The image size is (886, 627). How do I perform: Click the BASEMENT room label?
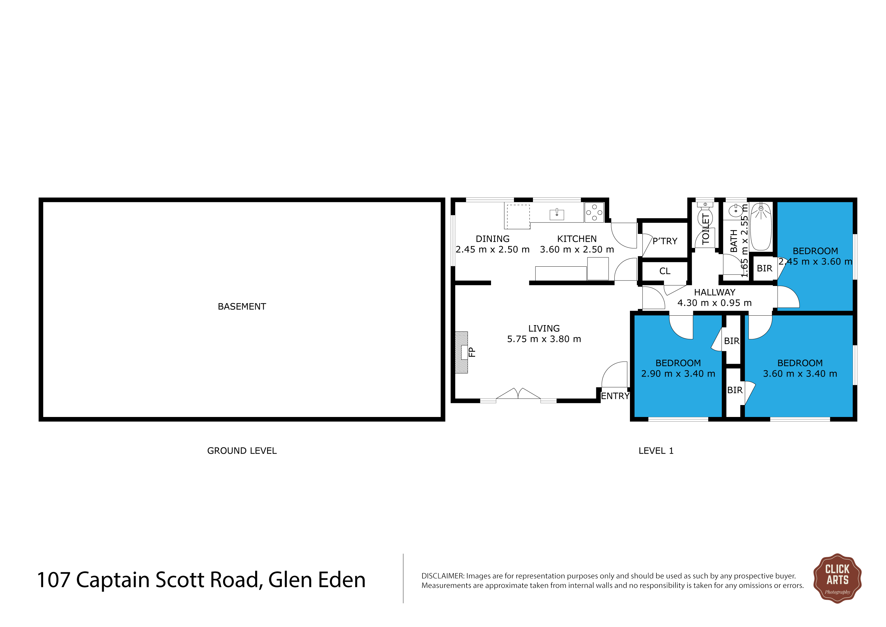pyautogui.click(x=242, y=306)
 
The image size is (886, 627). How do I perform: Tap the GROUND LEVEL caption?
pyautogui.click(x=242, y=451)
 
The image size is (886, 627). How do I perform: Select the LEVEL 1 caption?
pyautogui.click(x=656, y=451)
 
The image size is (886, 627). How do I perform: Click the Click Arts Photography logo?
pyautogui.click(x=837, y=578)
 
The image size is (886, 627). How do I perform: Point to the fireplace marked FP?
pyautogui.click(x=462, y=352)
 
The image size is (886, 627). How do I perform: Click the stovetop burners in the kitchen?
pyautogui.click(x=594, y=213)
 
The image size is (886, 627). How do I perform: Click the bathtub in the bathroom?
pyautogui.click(x=761, y=227)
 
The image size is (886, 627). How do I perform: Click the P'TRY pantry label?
pyautogui.click(x=664, y=241)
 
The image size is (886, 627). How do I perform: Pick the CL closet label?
pyautogui.click(x=665, y=271)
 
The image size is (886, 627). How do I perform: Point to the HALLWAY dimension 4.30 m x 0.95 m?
pyautogui.click(x=715, y=303)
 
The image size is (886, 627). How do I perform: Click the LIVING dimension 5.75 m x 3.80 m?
pyautogui.click(x=544, y=339)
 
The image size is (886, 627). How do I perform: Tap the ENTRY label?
pyautogui.click(x=615, y=396)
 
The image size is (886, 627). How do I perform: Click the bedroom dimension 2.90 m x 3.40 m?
pyautogui.click(x=678, y=374)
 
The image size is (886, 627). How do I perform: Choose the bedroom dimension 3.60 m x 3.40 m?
pyautogui.click(x=800, y=374)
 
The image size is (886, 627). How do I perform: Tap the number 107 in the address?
pyautogui.click(x=54, y=580)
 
